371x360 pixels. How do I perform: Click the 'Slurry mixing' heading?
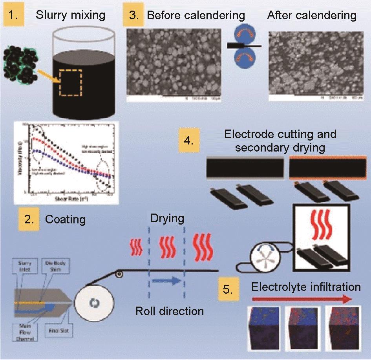(x=70, y=15)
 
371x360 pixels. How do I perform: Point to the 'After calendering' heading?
(x=311, y=15)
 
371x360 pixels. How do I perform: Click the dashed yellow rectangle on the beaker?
(x=71, y=83)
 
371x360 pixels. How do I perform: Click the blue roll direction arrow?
(x=166, y=281)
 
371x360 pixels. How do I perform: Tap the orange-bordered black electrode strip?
(x=327, y=167)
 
